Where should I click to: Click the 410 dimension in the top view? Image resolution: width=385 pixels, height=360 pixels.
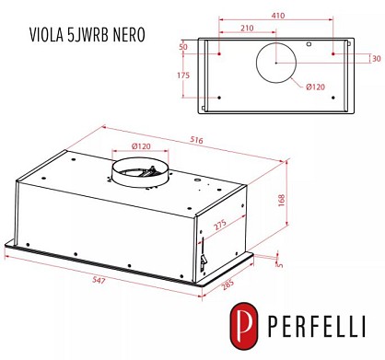[x=278, y=15]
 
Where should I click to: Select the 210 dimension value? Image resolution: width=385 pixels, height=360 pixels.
[x=247, y=29]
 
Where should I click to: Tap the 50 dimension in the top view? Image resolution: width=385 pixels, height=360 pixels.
[x=183, y=47]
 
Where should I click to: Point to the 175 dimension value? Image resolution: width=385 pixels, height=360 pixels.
[x=183, y=75]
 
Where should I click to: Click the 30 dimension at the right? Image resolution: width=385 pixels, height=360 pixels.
[x=377, y=59]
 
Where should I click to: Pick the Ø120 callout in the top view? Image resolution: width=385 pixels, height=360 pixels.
[x=315, y=87]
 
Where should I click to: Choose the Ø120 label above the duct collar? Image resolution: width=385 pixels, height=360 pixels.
[x=141, y=146]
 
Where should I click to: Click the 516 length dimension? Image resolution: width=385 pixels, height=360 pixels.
[x=196, y=140]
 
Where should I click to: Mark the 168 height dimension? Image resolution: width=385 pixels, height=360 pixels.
[x=282, y=200]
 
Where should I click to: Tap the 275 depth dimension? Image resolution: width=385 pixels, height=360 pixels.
[x=220, y=225]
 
